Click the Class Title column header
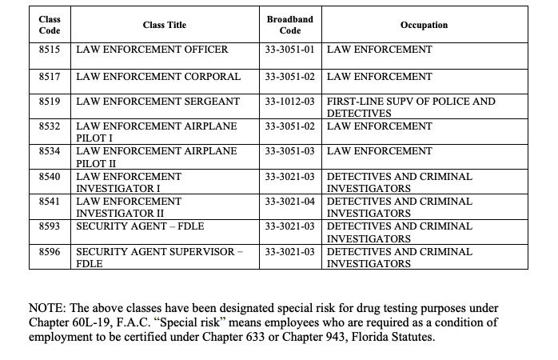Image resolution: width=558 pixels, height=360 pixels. [x=164, y=26]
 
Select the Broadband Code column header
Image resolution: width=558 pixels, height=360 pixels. [x=289, y=25]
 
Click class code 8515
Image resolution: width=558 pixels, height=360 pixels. [x=50, y=50]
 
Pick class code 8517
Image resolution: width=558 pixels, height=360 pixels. [x=50, y=77]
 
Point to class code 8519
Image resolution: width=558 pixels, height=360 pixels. [x=50, y=102]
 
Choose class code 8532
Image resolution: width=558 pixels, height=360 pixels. [x=50, y=126]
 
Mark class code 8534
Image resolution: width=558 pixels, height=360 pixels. [x=50, y=151]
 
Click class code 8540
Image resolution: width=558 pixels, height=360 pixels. [x=50, y=176]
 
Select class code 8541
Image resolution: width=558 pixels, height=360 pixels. [x=50, y=202]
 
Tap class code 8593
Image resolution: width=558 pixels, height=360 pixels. [x=50, y=226]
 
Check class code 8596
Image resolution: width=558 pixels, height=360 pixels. [x=50, y=251]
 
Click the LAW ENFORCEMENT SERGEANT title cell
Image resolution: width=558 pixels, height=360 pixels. [x=157, y=102]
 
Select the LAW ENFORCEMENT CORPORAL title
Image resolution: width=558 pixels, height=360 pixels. [x=157, y=77]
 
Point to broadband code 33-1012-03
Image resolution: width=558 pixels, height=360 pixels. [x=289, y=102]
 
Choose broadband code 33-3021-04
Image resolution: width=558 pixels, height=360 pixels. [x=289, y=202]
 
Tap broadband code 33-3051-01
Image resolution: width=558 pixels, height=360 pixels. [x=289, y=50]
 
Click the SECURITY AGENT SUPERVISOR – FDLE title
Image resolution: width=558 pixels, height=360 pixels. [x=158, y=257]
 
